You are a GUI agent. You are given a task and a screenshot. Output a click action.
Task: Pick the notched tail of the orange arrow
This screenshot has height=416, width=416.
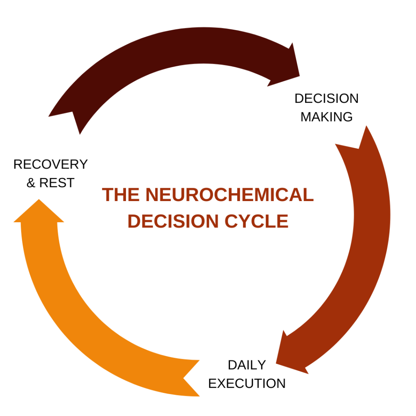tap(191, 378)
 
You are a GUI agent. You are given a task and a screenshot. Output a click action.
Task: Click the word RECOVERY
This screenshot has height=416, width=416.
tap(50, 165)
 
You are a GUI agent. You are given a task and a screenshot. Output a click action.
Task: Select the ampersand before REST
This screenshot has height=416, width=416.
tap(31, 183)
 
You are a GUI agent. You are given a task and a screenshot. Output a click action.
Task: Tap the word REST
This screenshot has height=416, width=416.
tap(57, 183)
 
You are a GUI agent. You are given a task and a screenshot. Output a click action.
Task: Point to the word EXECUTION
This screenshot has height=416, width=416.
tap(247, 383)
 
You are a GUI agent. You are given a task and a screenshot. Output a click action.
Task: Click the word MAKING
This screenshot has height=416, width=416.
tap(326, 117)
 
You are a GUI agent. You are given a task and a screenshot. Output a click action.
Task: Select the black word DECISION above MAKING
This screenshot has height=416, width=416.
tap(326, 98)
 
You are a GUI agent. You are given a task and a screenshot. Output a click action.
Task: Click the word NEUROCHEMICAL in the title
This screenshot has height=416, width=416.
tap(230, 195)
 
